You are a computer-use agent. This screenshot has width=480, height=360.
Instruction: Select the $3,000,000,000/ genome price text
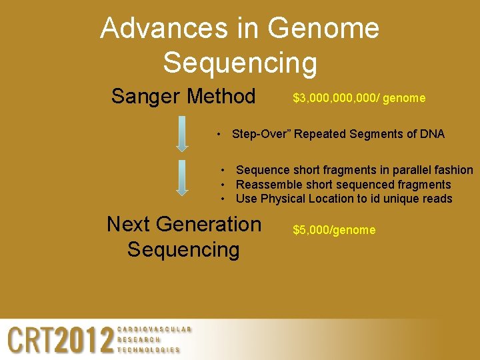pyautogui.click(x=359, y=99)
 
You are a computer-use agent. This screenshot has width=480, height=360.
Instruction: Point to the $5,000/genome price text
pyautogui.click(x=334, y=230)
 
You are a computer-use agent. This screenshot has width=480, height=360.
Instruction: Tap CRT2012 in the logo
pyautogui.click(x=61, y=341)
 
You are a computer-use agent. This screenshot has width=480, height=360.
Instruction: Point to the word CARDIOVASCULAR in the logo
pyautogui.click(x=154, y=329)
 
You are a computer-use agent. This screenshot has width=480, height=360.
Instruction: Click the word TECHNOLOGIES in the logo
pyautogui.click(x=149, y=350)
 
